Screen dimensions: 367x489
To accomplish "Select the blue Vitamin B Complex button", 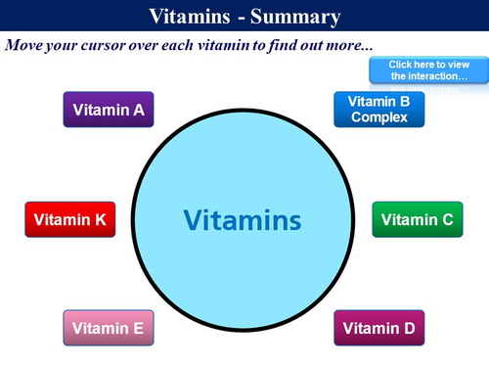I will point(379,110).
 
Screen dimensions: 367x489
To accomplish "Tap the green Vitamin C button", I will point(417,220).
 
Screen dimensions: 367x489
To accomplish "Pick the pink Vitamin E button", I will point(109,328).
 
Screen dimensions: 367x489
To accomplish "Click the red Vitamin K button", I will point(69,220).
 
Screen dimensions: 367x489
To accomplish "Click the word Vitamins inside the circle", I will point(243,218).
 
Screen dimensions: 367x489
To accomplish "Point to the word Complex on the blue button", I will point(379,117).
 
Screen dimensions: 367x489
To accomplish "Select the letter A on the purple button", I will point(138,111).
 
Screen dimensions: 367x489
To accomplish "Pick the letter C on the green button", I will point(446,220).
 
